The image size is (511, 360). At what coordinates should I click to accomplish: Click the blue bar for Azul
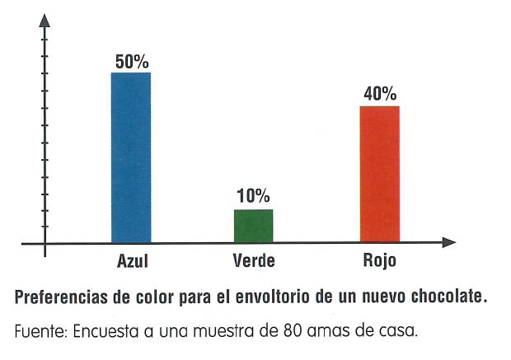pyautogui.click(x=131, y=157)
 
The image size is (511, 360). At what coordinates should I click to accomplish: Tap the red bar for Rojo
pyautogui.click(x=379, y=174)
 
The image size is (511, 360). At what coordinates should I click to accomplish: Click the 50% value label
pyautogui.click(x=131, y=62)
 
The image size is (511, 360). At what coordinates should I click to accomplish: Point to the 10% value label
pyautogui.click(x=253, y=196)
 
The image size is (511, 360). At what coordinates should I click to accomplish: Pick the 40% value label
pyautogui.click(x=379, y=94)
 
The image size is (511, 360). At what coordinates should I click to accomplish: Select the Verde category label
pyautogui.click(x=253, y=263)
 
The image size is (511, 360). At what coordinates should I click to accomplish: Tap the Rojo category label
pyautogui.click(x=379, y=263)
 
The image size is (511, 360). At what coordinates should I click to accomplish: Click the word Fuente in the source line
pyautogui.click(x=39, y=332)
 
